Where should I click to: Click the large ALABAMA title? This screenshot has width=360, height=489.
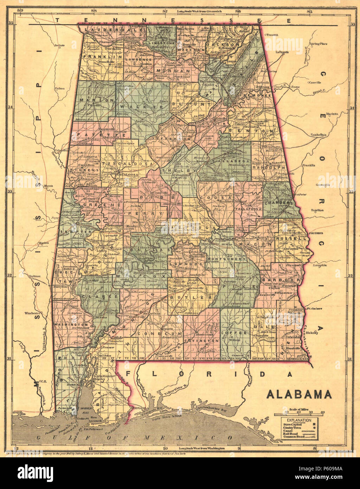click(299, 394)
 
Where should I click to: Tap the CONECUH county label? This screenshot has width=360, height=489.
click(159, 334)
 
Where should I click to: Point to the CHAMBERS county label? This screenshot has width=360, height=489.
click(279, 203)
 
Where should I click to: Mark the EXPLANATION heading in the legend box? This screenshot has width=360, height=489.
click(298, 420)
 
